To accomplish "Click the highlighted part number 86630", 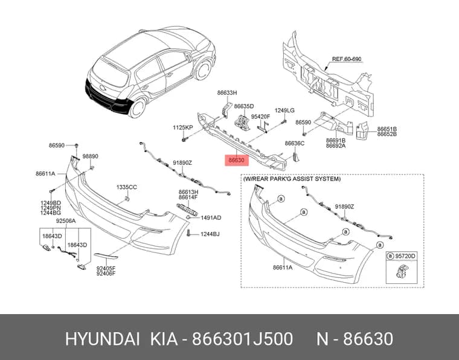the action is [236, 160].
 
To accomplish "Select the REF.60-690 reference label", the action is [347, 59].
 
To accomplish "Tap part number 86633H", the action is [227, 93].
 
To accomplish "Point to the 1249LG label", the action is [284, 111].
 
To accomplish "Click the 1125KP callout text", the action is [182, 127].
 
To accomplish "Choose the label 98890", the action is [90, 156].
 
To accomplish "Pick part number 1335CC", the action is [126, 187].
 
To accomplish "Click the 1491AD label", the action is [211, 218].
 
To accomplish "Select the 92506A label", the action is [66, 220].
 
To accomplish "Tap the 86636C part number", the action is [295, 143].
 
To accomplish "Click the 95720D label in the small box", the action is [405, 256].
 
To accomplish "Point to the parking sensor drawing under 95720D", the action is [402, 271].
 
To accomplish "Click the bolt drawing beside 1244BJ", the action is [188, 233].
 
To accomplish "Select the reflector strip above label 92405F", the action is [106, 256].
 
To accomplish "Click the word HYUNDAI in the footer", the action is [102, 339].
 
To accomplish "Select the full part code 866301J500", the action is [242, 339].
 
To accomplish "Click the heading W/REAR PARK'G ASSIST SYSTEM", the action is [292, 179].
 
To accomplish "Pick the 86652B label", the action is [387, 134].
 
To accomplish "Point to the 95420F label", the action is [260, 117].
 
